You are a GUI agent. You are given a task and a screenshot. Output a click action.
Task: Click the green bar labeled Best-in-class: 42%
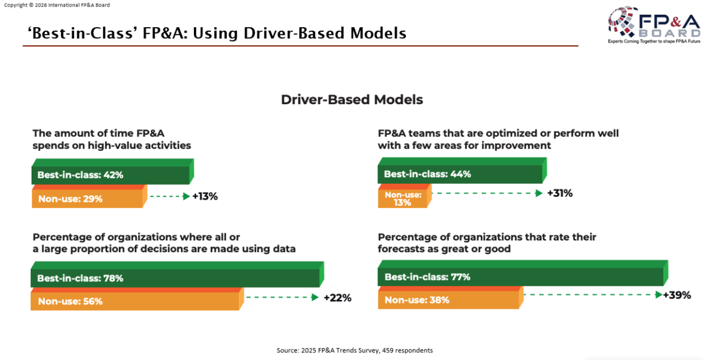click(111, 175)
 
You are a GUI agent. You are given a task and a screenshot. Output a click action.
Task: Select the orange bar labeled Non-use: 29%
click(87, 199)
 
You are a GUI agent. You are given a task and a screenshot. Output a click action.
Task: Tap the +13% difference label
click(205, 197)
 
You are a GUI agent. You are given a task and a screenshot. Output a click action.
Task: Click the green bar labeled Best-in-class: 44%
click(460, 174)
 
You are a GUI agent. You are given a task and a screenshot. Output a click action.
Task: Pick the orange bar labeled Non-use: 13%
click(403, 199)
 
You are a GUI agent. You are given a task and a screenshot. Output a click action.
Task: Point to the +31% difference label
click(560, 193)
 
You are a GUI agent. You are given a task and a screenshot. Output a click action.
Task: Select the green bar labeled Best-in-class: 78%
click(175, 278)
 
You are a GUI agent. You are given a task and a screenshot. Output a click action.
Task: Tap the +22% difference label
click(337, 298)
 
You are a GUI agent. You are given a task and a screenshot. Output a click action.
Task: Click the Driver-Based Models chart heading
click(352, 100)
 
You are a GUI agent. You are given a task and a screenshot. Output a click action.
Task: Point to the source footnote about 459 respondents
click(355, 350)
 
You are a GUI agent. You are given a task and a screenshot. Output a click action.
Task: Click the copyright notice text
click(57, 5)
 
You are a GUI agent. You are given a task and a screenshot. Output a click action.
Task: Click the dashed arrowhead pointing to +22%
click(315, 298)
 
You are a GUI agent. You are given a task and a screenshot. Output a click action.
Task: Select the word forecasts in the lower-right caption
click(401, 249)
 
